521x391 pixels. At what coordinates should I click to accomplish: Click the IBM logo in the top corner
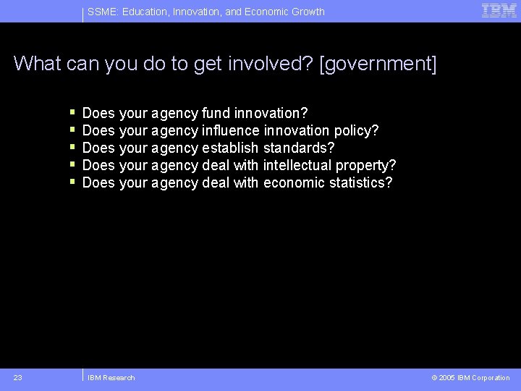point(499,10)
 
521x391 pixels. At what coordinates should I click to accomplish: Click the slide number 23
point(18,377)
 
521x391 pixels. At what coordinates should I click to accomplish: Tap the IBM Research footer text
point(111,377)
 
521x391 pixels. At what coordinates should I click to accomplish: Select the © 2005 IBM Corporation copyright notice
point(470,377)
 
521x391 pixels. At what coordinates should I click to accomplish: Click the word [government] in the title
point(378,64)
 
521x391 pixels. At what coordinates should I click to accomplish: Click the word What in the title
point(37,64)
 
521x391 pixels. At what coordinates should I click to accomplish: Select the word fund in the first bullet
point(216,113)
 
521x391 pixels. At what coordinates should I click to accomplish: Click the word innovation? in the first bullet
point(271,113)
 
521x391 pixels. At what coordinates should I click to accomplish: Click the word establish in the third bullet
point(230,148)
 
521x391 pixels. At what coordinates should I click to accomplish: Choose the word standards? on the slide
point(299,148)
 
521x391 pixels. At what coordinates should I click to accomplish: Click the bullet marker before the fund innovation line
point(73,113)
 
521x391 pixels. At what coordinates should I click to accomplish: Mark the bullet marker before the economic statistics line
point(73,182)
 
